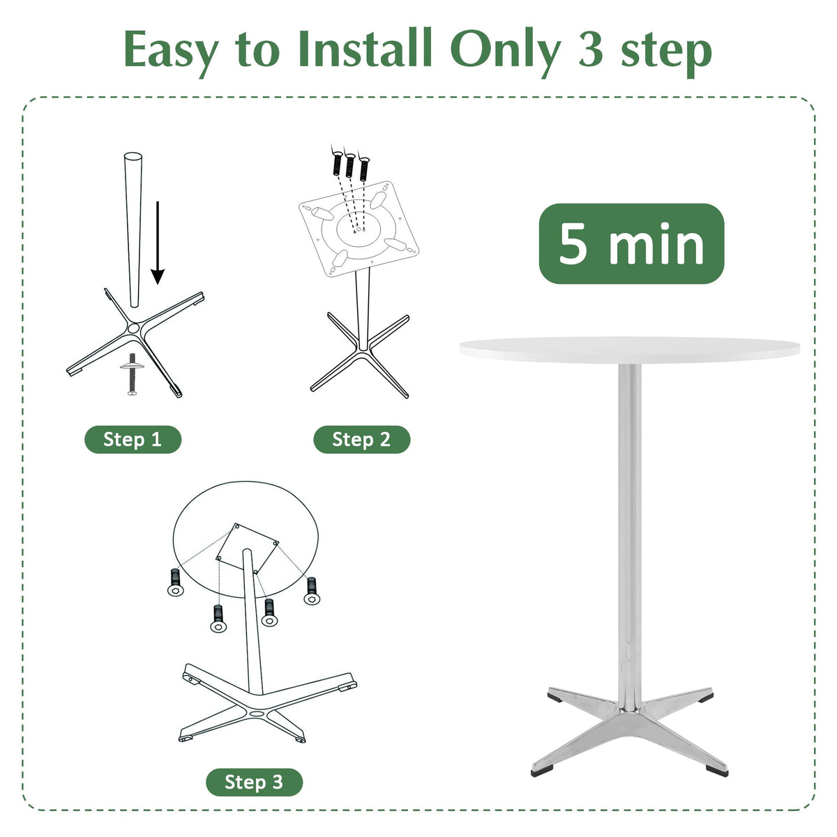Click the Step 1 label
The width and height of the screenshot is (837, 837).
(x=133, y=439)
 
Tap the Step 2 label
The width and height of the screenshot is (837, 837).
(x=361, y=439)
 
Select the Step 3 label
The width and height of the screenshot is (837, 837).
(x=254, y=782)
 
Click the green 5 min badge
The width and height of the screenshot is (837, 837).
(x=631, y=243)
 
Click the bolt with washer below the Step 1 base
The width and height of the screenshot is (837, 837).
(x=133, y=373)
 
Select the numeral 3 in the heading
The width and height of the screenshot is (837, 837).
(x=591, y=49)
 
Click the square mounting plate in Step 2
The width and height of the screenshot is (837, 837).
(x=359, y=229)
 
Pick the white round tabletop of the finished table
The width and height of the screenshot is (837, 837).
(x=629, y=350)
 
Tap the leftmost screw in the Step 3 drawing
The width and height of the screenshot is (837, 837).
(x=174, y=582)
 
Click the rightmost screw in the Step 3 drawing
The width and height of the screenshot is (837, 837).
(x=311, y=590)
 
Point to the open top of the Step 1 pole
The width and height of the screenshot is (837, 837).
(x=133, y=156)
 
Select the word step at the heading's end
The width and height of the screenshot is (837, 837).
(x=667, y=54)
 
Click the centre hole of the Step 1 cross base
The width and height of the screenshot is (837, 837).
(x=133, y=328)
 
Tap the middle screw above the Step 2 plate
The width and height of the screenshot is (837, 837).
(x=350, y=164)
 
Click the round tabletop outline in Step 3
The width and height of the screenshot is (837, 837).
(x=246, y=482)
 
